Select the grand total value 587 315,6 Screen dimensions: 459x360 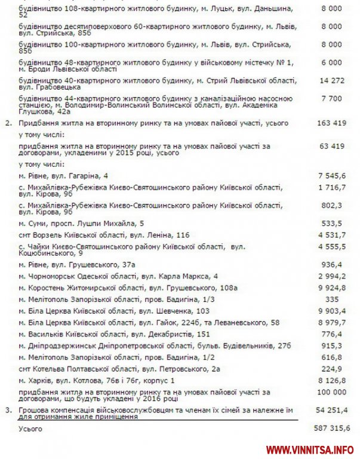(333, 429)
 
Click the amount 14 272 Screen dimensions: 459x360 (333, 80)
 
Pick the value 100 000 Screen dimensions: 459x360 (333, 392)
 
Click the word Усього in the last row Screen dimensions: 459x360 (30, 429)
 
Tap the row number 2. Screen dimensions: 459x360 (7, 123)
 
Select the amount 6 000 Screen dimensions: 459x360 (333, 62)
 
